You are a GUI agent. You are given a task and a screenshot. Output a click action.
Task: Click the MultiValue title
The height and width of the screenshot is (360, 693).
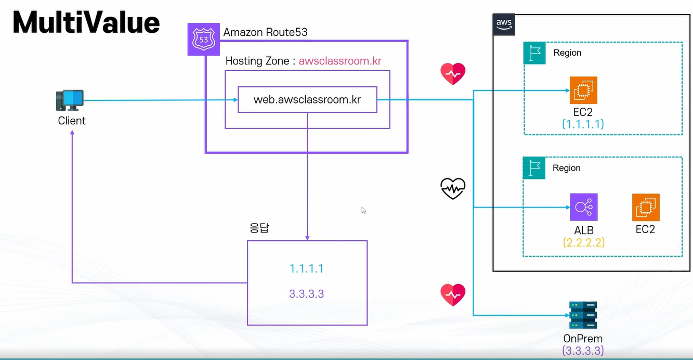[x=86, y=22]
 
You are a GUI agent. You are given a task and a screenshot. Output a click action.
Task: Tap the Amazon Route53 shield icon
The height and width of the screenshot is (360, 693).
[x=204, y=40]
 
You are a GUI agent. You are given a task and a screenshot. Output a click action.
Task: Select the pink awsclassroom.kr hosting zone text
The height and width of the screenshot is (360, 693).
[x=340, y=61]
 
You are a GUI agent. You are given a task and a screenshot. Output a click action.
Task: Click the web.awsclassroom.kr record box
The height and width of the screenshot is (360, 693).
[x=307, y=100]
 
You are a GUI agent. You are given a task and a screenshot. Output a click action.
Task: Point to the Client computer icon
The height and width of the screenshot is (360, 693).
[x=70, y=100]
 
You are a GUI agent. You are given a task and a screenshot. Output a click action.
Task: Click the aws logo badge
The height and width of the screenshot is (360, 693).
[x=504, y=24]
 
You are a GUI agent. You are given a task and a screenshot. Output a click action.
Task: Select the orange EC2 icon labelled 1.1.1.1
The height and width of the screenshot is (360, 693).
[x=583, y=90]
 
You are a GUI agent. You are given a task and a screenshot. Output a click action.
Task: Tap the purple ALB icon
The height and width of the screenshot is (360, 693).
[x=584, y=207]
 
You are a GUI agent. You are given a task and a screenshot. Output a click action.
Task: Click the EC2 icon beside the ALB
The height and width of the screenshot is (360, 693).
[x=646, y=207]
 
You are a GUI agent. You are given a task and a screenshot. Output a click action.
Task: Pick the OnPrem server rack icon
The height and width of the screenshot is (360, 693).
[x=583, y=315]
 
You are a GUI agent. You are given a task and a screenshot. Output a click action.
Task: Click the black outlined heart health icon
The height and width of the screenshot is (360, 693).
[x=453, y=188]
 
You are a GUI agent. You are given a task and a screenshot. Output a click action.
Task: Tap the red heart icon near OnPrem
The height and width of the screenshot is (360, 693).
[x=453, y=294]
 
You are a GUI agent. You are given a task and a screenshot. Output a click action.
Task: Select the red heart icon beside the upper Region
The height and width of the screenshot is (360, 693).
[x=453, y=74]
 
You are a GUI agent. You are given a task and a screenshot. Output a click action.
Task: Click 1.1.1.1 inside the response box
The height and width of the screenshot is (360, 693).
[x=307, y=268]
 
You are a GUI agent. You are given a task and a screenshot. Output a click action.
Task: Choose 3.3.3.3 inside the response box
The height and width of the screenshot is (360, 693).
[x=307, y=294]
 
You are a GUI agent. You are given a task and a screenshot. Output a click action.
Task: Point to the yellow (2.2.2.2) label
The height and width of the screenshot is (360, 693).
[x=584, y=242]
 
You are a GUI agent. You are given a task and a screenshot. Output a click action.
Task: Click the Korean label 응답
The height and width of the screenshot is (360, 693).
[x=259, y=228]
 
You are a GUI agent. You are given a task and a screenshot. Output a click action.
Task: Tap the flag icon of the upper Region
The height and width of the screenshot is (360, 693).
[x=534, y=53]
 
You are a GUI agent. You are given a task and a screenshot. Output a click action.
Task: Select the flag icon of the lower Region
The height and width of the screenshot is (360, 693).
[x=534, y=168]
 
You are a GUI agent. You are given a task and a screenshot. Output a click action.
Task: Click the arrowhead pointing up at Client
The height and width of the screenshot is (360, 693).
[x=72, y=132]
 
